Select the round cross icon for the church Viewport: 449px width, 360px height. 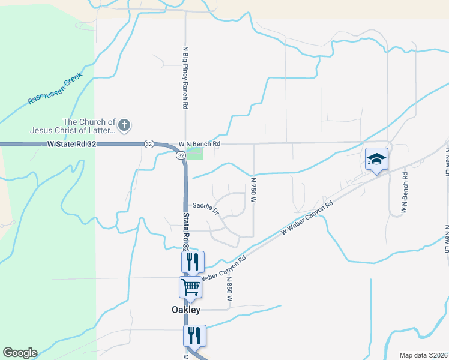pos(124,125)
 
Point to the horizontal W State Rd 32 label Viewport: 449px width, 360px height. pos(72,144)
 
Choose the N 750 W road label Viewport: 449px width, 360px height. pos(253,189)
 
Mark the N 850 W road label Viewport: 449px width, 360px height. pos(229,292)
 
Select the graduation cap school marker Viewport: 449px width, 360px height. pos(376,159)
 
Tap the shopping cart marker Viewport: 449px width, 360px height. pos(191,287)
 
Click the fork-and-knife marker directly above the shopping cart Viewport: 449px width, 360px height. pos(193,262)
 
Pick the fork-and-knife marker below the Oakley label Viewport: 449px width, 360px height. pos(194,335)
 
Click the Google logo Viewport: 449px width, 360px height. pos(20,353)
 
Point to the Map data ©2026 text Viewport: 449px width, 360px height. pos(423,355)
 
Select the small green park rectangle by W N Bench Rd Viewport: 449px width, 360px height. pos(195,154)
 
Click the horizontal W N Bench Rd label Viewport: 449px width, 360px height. pos(200,144)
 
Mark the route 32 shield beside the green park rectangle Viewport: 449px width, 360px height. pos(181,155)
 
